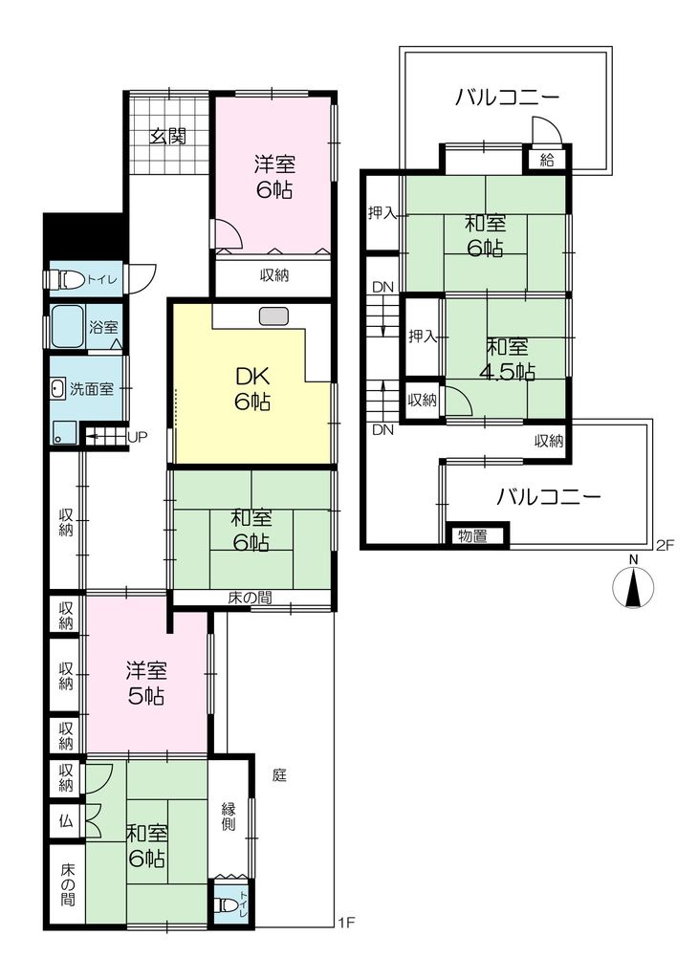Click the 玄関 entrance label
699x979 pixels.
[x=168, y=136]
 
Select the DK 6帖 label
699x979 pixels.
[x=252, y=389]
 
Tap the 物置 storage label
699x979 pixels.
[x=473, y=535]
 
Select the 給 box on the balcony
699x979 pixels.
[x=547, y=160]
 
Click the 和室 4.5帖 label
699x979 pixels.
[x=507, y=359]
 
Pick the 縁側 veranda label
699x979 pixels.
[x=229, y=816]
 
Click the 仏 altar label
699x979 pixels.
[x=66, y=821]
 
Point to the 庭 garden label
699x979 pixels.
[x=279, y=775]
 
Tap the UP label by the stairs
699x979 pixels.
[x=137, y=436]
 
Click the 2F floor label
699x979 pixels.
[x=666, y=546]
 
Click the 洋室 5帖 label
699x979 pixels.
[x=146, y=684]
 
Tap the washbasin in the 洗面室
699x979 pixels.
[x=57, y=389]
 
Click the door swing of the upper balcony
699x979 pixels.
[x=547, y=130]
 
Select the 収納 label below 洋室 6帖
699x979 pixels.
[x=274, y=274]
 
